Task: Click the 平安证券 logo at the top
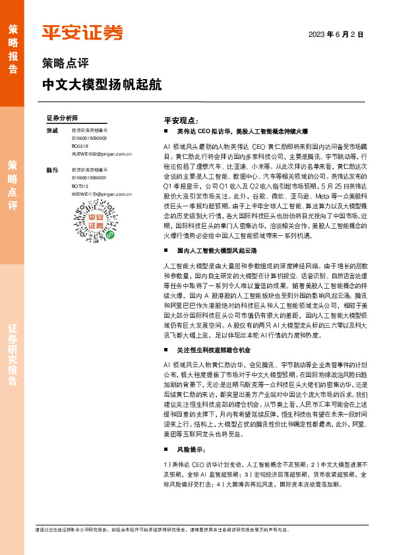(82, 33)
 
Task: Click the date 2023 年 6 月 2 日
(336, 34)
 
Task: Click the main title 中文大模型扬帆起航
(102, 86)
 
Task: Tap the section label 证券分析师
(62, 118)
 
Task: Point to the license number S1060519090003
(90, 138)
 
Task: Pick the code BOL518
(80, 146)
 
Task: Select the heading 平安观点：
(180, 121)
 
